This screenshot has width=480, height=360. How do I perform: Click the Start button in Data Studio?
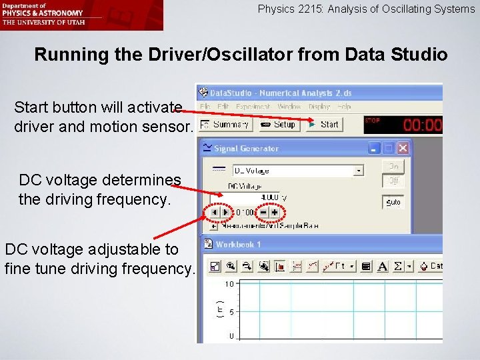(324, 124)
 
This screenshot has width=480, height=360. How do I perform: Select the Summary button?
(225, 124)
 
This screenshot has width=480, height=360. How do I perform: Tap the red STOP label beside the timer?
(372, 120)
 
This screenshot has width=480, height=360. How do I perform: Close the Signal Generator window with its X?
(403, 148)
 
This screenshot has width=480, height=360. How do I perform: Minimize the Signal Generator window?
(375, 148)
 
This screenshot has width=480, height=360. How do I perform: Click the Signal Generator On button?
(393, 166)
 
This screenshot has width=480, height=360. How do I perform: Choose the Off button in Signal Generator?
(393, 180)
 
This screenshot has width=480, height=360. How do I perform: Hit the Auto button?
(393, 201)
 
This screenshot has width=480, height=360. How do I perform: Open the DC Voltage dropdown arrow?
(359, 170)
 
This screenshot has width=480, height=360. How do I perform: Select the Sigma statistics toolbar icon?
(399, 267)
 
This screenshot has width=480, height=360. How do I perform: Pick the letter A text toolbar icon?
(383, 267)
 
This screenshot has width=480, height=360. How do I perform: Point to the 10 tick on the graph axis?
(229, 284)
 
